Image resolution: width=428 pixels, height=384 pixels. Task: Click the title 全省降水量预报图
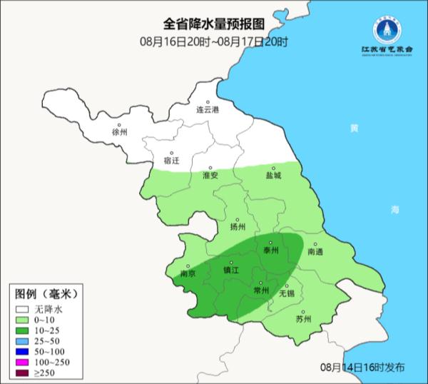215,26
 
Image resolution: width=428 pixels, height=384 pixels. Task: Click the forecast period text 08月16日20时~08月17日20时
215,42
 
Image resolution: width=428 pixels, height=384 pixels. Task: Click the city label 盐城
273,175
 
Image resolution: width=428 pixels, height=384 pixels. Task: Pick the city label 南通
315,252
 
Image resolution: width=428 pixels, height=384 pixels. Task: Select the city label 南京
188,273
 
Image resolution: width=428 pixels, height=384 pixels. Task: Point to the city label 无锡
286,293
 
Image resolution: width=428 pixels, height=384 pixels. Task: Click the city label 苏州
303,319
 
